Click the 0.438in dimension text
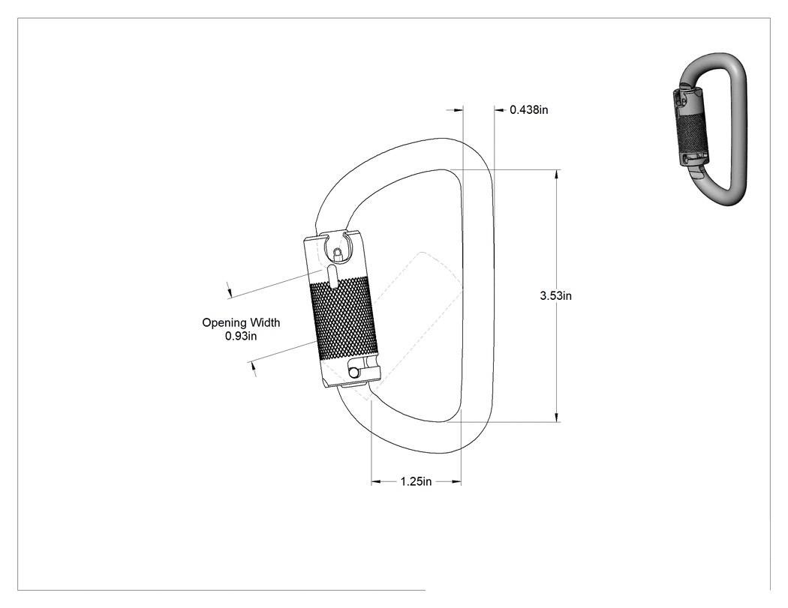coord(528,109)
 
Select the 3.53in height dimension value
coord(556,295)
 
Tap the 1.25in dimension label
coord(416,481)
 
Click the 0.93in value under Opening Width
coord(241,336)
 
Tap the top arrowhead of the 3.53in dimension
coord(556,175)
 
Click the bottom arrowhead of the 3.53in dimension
coord(556,418)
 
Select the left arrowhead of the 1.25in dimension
coord(376,482)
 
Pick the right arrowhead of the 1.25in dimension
coord(456,482)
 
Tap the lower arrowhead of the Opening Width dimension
coord(254,370)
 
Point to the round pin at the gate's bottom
coord(354,373)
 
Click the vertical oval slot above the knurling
coord(332,277)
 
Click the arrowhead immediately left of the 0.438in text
coord(499,109)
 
